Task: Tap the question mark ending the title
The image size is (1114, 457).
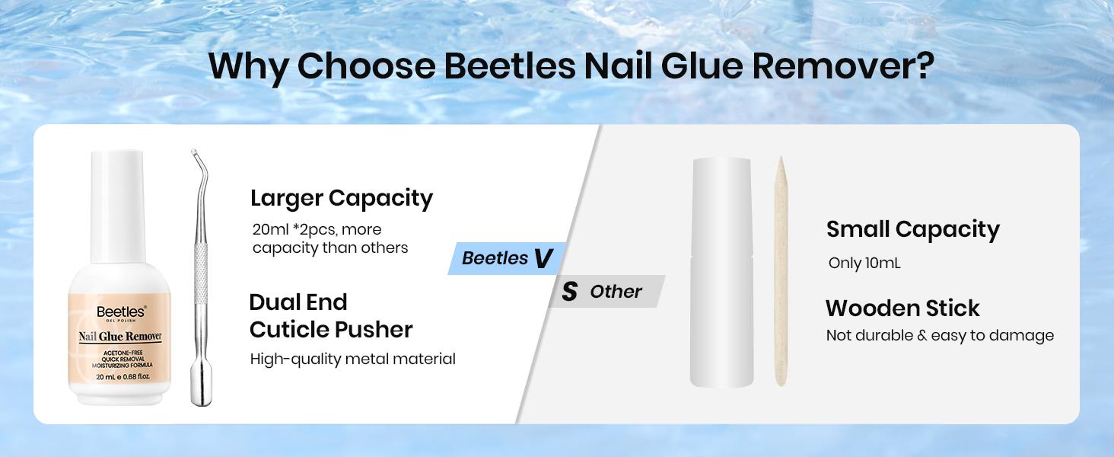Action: (923, 66)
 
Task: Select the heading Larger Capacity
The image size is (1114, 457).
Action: (342, 198)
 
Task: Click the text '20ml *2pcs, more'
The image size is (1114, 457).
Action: (317, 229)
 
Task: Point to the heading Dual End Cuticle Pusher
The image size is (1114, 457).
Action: (330, 315)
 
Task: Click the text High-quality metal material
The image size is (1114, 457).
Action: (352, 359)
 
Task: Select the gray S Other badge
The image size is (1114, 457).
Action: (606, 292)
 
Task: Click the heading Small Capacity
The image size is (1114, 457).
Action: (912, 228)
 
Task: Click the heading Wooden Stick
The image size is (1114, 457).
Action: (902, 308)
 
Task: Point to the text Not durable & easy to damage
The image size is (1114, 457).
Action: (940, 336)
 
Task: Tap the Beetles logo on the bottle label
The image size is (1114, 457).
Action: (121, 311)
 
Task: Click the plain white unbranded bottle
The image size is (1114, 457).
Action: (721, 274)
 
